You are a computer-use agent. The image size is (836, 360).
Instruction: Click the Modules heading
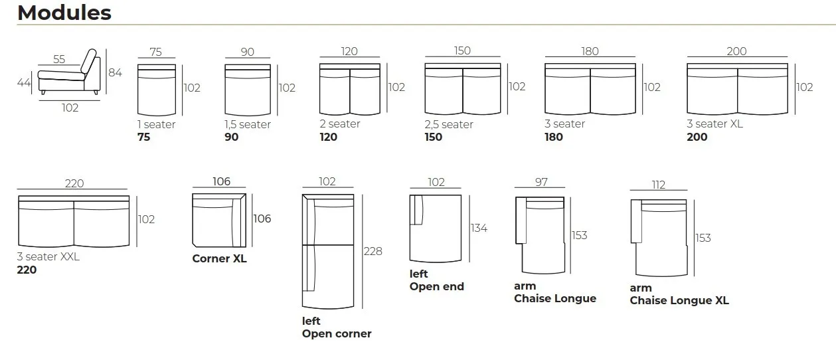[x=64, y=13]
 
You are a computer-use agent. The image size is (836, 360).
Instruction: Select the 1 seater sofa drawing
[x=156, y=90]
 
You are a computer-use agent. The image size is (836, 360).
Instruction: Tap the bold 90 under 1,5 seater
[x=232, y=137]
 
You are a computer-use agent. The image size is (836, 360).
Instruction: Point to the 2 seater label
[x=339, y=124]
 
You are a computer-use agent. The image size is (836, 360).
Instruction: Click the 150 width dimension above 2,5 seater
[x=462, y=51]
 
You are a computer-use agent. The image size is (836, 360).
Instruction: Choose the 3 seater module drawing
[x=590, y=90]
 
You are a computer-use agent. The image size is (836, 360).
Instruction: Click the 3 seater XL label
[x=715, y=124]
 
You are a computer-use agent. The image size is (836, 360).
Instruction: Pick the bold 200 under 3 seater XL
[x=697, y=137]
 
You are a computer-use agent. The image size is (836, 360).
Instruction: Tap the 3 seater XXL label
[x=48, y=257]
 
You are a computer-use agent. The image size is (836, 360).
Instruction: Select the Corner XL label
[x=219, y=259]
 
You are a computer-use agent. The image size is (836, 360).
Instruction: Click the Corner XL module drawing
[x=219, y=220]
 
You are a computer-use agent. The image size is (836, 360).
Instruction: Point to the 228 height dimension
[x=373, y=252]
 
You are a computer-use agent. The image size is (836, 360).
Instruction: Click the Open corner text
[x=337, y=334]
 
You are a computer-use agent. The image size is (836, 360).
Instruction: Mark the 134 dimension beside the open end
[x=478, y=228]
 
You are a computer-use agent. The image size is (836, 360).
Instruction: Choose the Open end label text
[x=436, y=287]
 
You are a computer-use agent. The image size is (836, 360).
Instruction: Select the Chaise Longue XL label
[x=679, y=301]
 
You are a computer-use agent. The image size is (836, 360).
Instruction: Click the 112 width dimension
[x=658, y=185]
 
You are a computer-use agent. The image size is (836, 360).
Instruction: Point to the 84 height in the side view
[x=115, y=73]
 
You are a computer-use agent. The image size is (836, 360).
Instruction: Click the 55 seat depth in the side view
[x=59, y=59]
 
